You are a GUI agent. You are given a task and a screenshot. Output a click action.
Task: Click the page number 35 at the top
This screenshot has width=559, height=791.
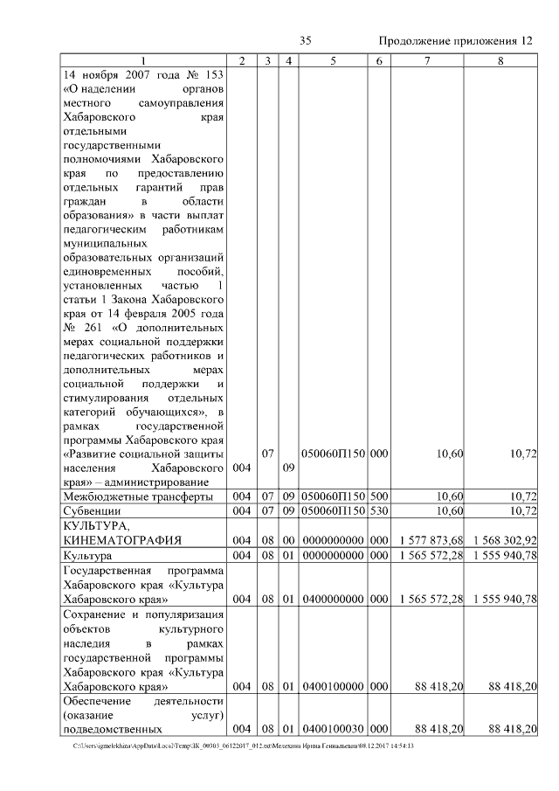tap(306, 41)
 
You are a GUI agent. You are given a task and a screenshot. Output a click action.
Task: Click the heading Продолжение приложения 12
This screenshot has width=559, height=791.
tap(454, 41)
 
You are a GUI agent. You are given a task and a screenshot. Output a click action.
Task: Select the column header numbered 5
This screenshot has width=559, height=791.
tap(333, 60)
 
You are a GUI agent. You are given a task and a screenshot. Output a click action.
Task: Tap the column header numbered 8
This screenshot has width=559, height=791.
tap(500, 60)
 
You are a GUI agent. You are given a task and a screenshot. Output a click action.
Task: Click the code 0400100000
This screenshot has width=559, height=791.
tap(333, 687)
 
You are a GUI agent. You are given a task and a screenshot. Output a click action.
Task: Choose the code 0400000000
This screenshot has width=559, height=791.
tap(333, 599)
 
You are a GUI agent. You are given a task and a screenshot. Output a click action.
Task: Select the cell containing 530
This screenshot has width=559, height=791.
tap(379, 510)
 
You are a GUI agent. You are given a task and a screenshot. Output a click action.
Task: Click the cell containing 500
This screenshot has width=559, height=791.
tap(379, 496)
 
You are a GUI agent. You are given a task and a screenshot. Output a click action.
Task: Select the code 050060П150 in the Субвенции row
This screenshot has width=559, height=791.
tap(333, 510)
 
